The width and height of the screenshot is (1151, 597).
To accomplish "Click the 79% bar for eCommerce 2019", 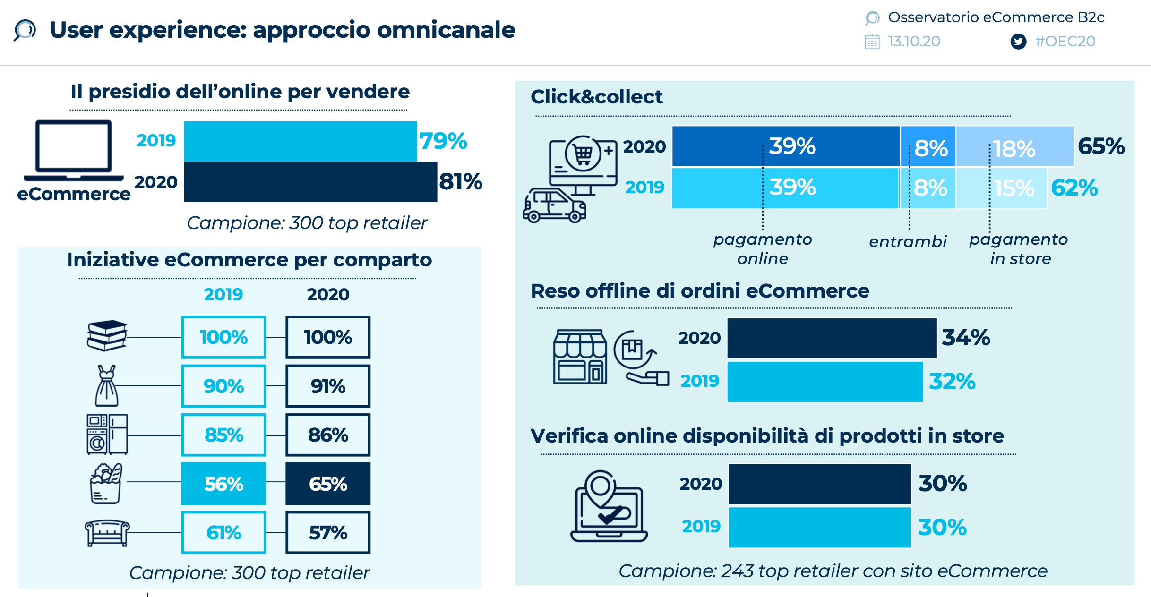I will pyautogui.click(x=300, y=141).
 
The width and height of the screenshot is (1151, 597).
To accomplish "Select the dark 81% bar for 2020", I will pyautogui.click(x=310, y=182).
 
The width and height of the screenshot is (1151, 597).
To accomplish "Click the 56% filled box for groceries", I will pyautogui.click(x=223, y=484).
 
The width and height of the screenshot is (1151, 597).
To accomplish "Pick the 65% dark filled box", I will pyautogui.click(x=328, y=484).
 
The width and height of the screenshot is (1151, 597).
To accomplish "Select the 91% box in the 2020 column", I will pyautogui.click(x=328, y=386).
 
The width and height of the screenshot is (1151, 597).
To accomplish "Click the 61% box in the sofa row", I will pyautogui.click(x=223, y=532).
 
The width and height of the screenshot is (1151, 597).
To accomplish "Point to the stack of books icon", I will pyautogui.click(x=107, y=335).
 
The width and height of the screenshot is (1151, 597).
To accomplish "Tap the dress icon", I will pyautogui.click(x=107, y=386).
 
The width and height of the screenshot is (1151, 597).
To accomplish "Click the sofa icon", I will pyautogui.click(x=107, y=533).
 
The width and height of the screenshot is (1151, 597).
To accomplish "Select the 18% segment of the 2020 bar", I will pyautogui.click(x=1014, y=146).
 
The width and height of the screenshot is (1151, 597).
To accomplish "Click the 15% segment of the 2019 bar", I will pyautogui.click(x=1002, y=188).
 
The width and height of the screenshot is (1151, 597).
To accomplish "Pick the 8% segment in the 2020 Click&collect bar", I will pyautogui.click(x=928, y=146).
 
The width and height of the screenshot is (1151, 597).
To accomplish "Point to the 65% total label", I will pyautogui.click(x=1101, y=146).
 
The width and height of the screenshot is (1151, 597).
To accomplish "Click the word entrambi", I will pyautogui.click(x=908, y=242).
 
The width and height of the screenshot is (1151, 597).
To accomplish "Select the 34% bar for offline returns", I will pyautogui.click(x=832, y=338).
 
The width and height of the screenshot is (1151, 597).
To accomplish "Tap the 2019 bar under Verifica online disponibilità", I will pyautogui.click(x=820, y=527).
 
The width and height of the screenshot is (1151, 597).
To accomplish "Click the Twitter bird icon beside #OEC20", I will pyautogui.click(x=1018, y=42).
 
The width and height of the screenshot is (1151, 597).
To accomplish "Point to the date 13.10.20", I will pyautogui.click(x=914, y=42).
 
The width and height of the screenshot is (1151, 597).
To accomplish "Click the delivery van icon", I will pyautogui.click(x=554, y=205).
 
